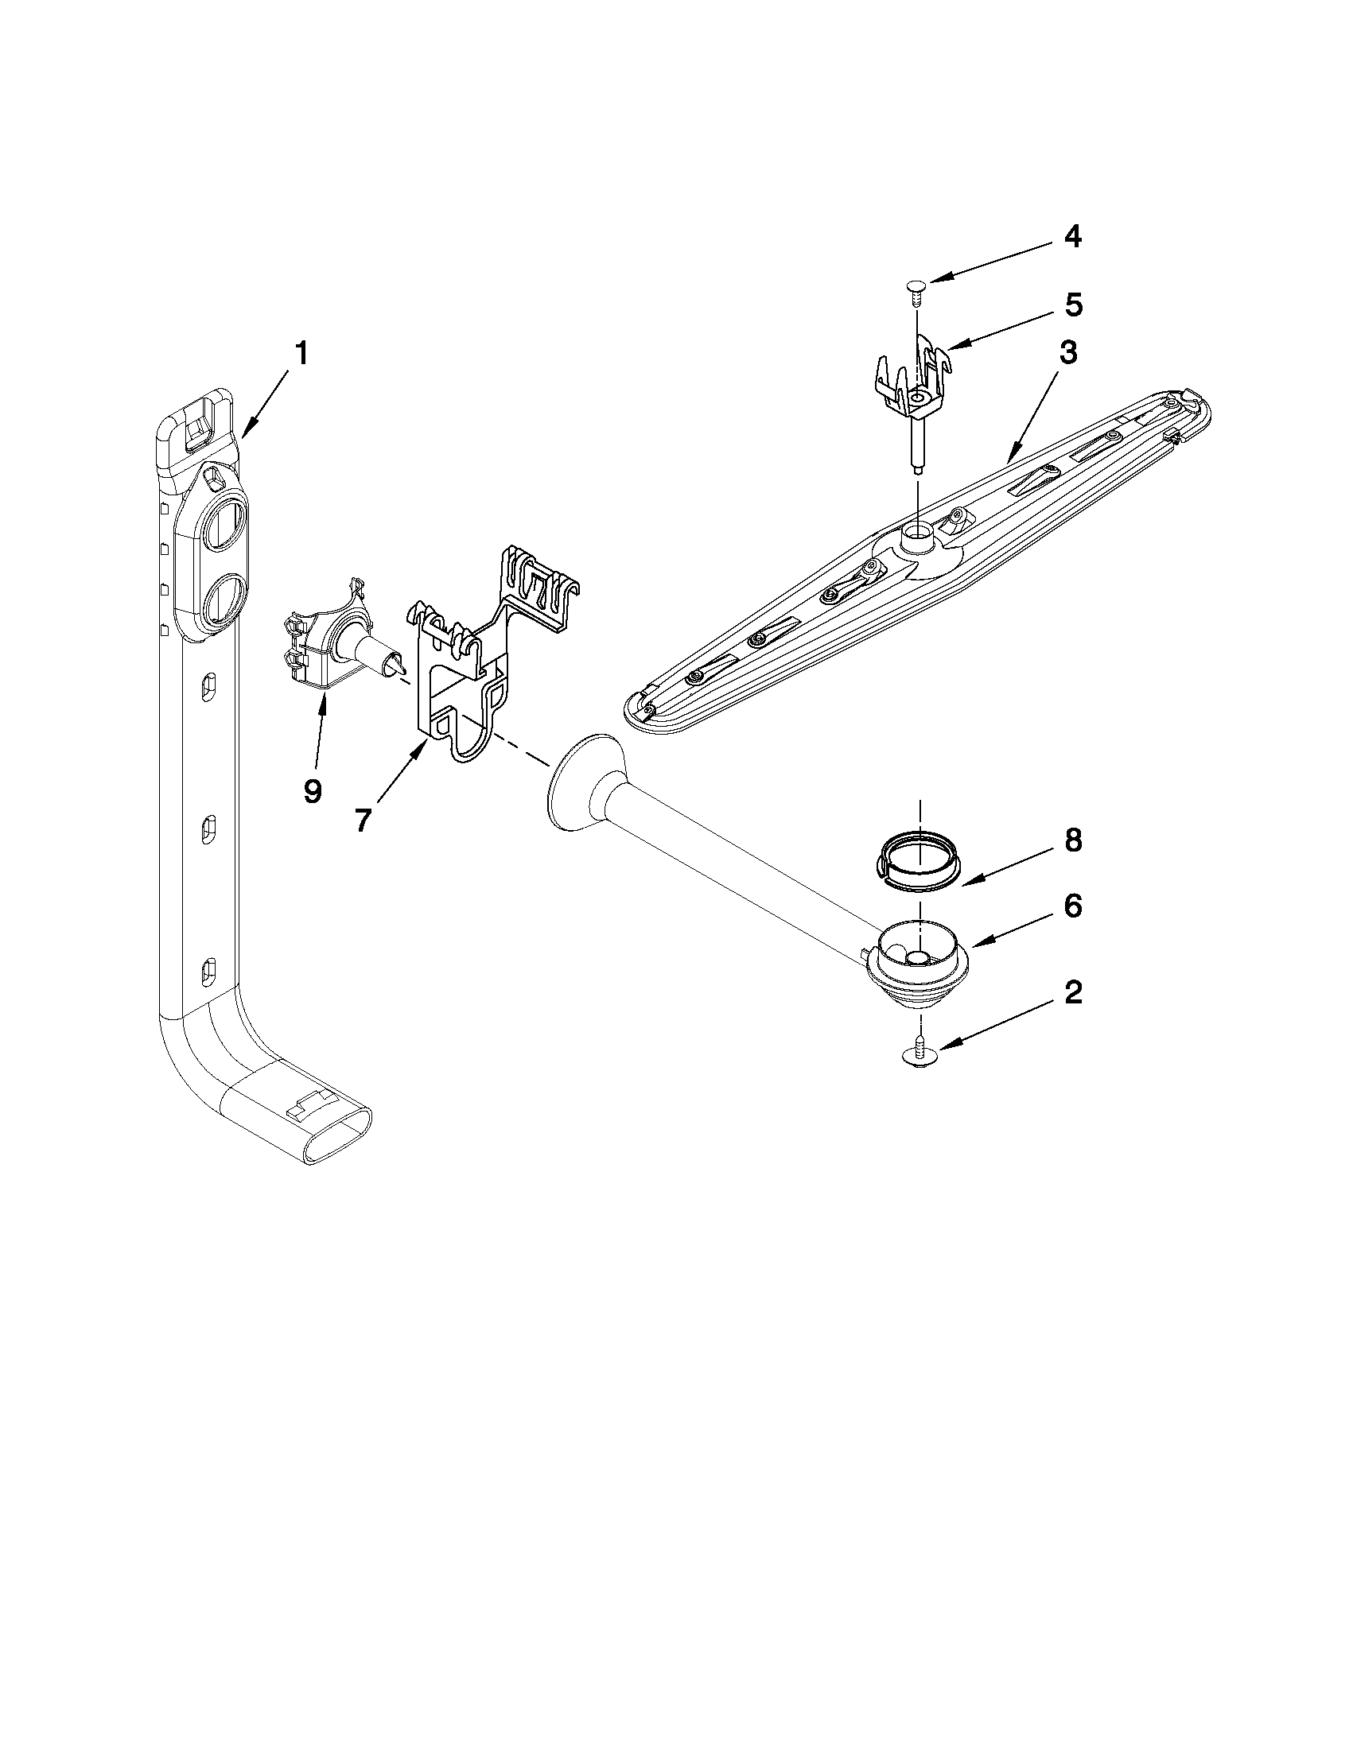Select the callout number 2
(1073, 993)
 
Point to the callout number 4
(1073, 236)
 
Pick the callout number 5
(1073, 305)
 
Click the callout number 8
(1073, 840)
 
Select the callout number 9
(313, 790)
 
